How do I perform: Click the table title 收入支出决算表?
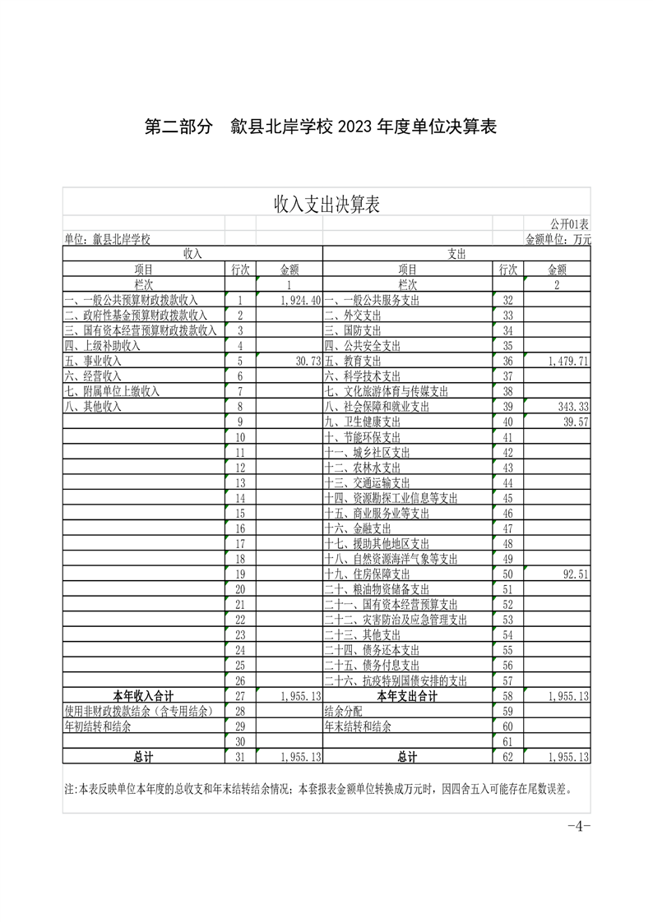(326, 204)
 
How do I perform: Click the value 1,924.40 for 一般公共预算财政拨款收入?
(299, 302)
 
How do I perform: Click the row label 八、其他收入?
(92, 407)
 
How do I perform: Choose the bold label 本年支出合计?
(407, 696)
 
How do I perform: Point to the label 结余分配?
(343, 712)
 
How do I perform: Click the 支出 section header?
(456, 255)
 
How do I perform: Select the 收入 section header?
(192, 255)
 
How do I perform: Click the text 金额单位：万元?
(558, 239)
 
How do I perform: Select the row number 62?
(507, 757)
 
